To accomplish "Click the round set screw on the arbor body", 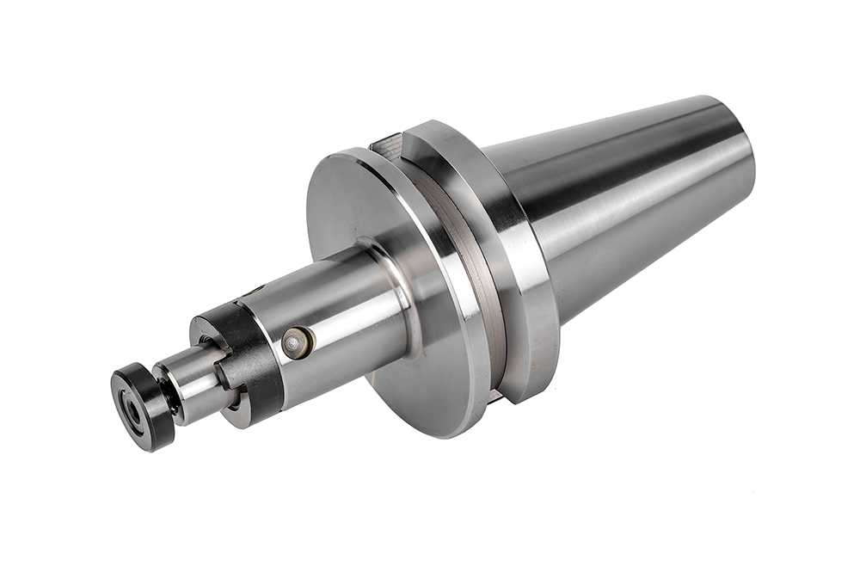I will (x=297, y=342).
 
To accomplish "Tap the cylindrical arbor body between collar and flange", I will (x=344, y=318).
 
